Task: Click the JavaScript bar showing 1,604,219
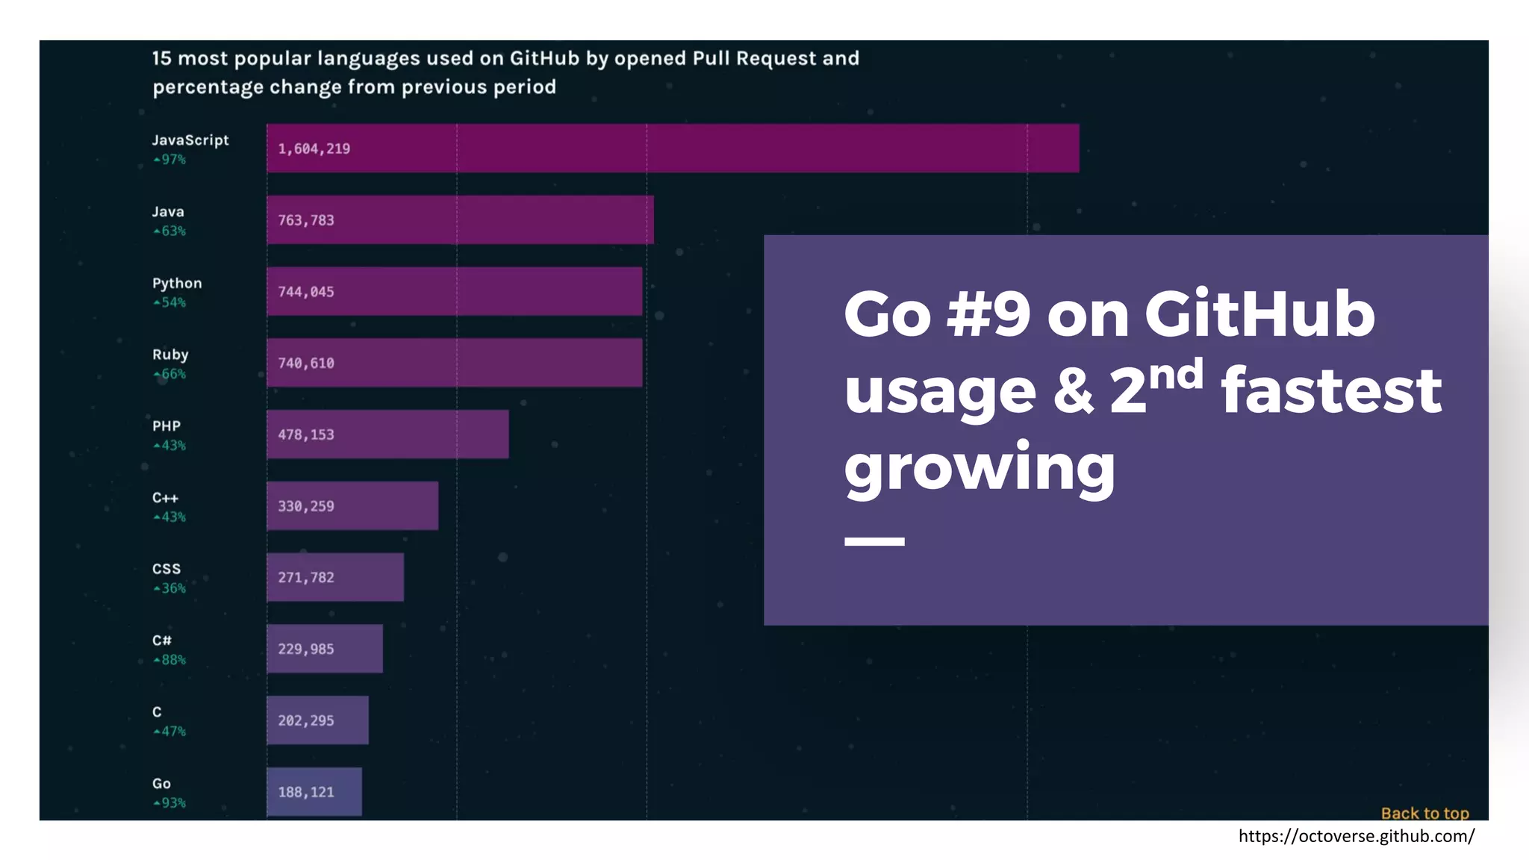672,149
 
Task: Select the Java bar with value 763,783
460,220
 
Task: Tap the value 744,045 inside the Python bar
306,292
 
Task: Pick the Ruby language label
170,355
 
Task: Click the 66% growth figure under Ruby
170,374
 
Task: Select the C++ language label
165,498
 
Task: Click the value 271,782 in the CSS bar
306,578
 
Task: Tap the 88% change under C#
170,660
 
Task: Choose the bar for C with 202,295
317,720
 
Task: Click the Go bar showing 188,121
314,792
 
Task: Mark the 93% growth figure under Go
170,803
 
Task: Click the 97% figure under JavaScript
170,160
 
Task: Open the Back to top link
1424,813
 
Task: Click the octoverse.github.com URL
1356,836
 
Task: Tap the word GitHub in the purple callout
1259,314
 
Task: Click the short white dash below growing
874,541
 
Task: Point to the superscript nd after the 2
1176,373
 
